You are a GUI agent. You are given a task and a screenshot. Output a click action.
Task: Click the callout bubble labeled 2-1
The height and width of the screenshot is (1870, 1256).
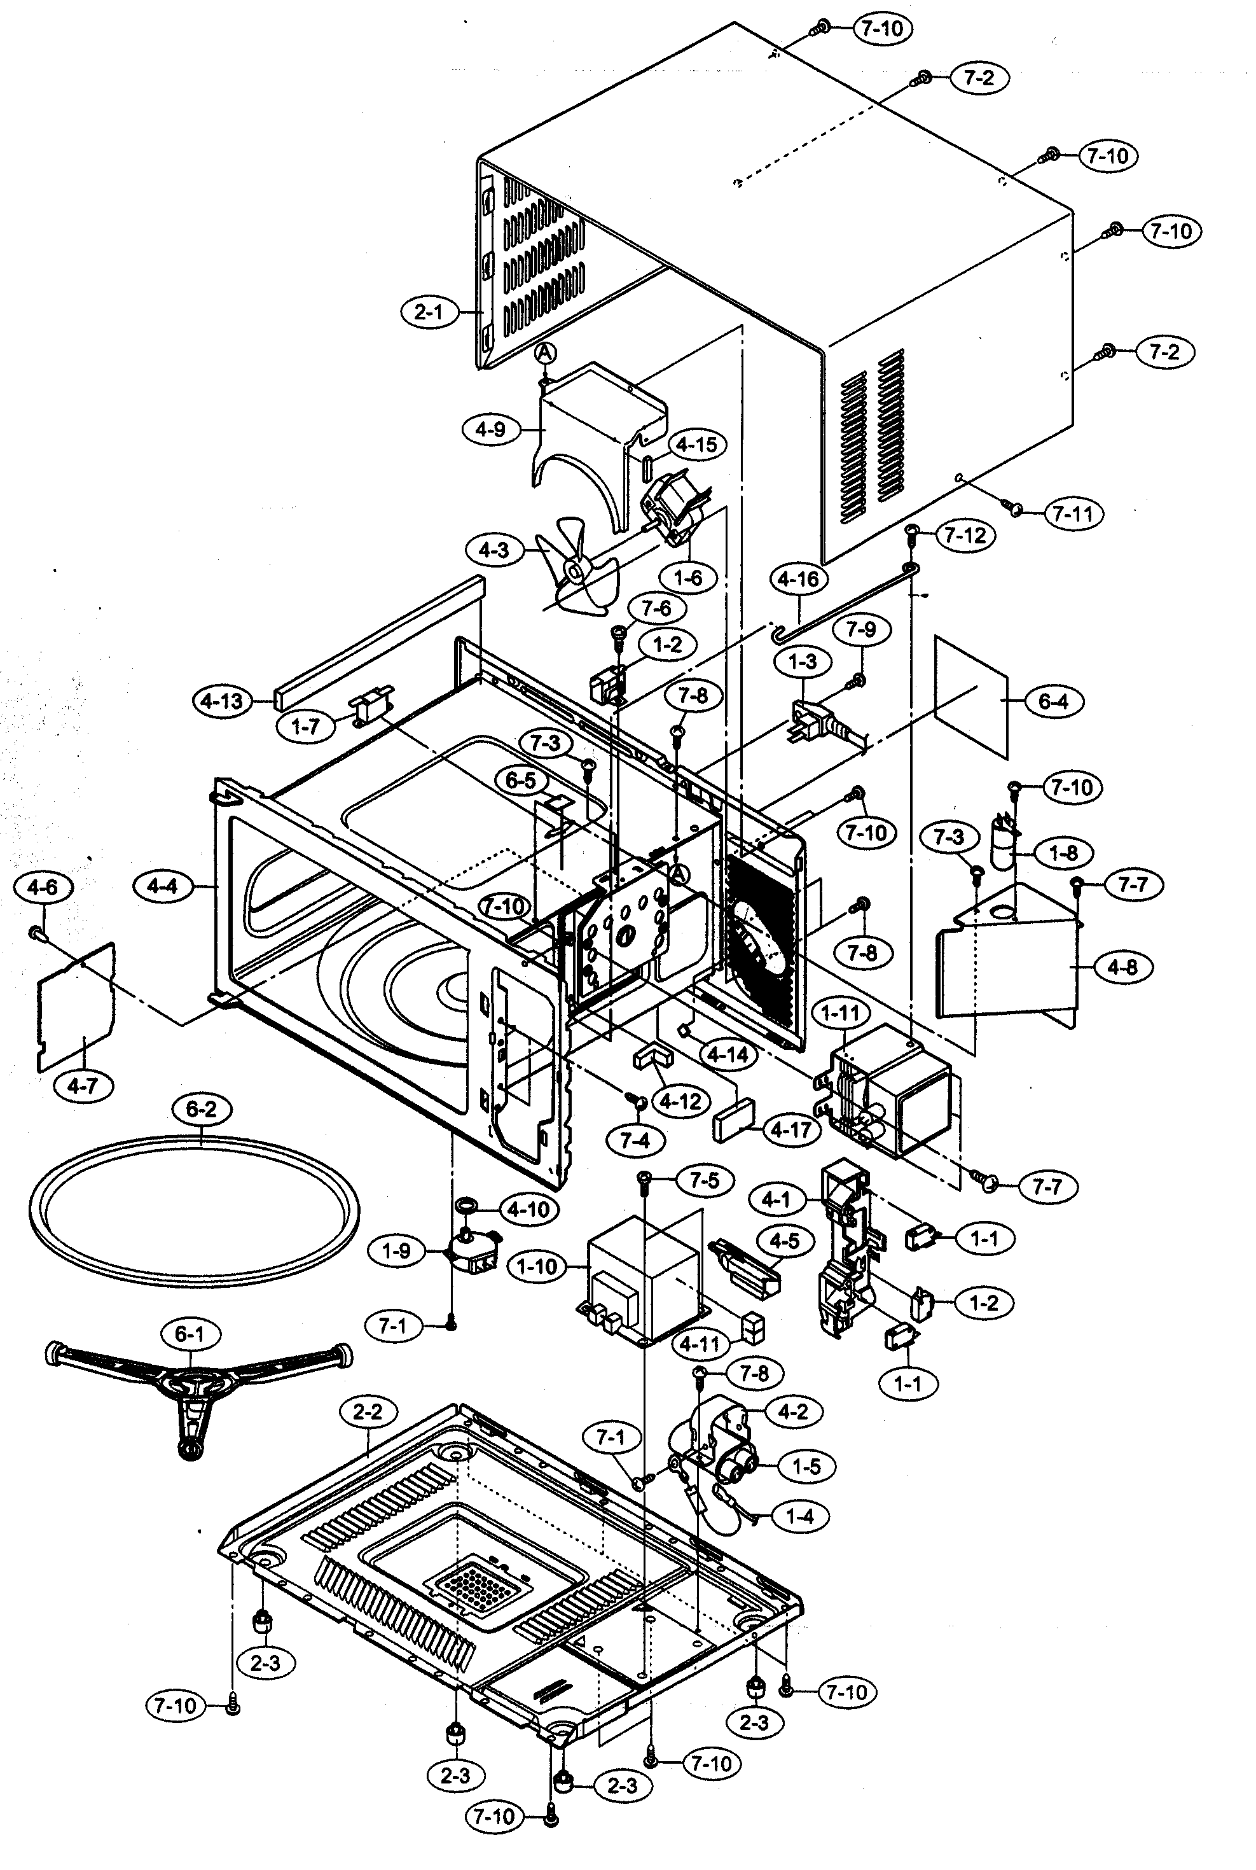click(429, 311)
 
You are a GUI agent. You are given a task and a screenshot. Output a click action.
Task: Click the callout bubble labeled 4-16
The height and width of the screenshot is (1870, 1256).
click(799, 578)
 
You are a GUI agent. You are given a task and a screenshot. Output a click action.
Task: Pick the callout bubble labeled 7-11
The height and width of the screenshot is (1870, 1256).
click(1073, 513)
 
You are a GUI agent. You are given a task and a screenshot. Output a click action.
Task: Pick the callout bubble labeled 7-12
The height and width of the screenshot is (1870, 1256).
click(965, 535)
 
